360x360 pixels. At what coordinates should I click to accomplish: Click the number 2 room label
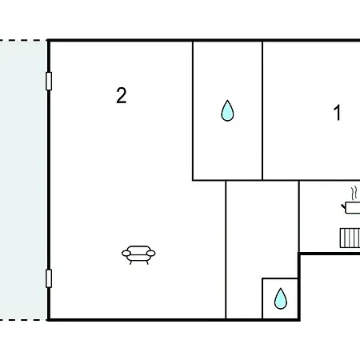click(x=122, y=95)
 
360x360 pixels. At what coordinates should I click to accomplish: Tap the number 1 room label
click(x=338, y=113)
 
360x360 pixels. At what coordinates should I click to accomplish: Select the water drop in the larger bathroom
click(x=227, y=110)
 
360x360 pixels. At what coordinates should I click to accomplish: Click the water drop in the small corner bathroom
click(x=281, y=298)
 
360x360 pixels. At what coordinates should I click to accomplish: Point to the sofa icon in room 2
click(x=138, y=254)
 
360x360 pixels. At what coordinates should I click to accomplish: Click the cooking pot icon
click(x=351, y=207)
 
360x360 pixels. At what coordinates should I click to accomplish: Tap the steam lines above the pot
click(x=354, y=193)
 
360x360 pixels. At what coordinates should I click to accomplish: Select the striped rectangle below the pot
click(x=350, y=238)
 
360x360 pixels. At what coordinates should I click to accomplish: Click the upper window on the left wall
click(x=49, y=81)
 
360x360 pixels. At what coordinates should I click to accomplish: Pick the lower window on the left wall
click(x=49, y=278)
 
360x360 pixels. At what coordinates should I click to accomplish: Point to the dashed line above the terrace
click(x=23, y=41)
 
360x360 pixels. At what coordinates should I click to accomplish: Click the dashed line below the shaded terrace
click(x=23, y=319)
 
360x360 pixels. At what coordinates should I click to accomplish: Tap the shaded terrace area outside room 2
click(x=23, y=180)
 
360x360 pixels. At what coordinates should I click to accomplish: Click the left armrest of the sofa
click(x=126, y=253)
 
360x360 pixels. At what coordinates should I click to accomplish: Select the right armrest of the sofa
click(x=151, y=253)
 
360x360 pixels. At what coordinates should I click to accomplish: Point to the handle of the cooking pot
click(x=343, y=206)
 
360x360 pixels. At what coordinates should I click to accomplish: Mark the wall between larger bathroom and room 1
click(x=262, y=110)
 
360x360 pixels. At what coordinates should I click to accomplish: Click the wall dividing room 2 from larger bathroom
click(x=193, y=110)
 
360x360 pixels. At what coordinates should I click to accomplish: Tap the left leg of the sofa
click(x=130, y=262)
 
